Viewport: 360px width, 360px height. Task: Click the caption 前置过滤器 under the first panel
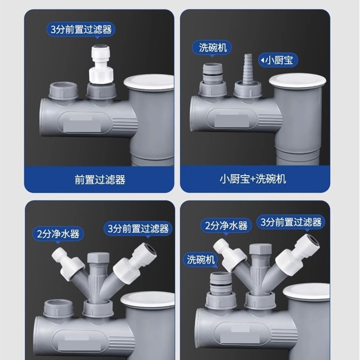coord(99,180)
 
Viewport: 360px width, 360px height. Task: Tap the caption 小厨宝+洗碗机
coord(253,179)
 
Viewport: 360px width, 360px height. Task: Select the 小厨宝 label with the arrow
coord(276,60)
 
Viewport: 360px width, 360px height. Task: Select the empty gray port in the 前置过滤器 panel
coord(64,90)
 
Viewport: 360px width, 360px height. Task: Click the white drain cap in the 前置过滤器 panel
coord(149,82)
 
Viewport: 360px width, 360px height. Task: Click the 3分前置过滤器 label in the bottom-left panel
coord(138,229)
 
